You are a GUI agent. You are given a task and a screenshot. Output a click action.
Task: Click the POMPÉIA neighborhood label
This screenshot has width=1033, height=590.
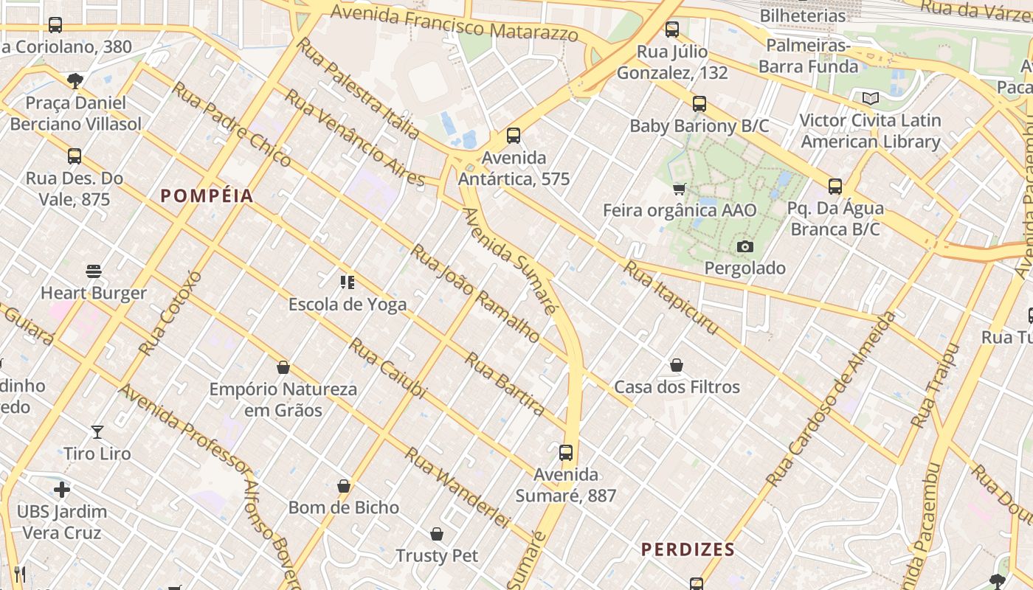pyautogui.click(x=207, y=195)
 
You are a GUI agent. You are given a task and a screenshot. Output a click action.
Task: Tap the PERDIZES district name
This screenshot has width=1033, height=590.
pyautogui.click(x=688, y=549)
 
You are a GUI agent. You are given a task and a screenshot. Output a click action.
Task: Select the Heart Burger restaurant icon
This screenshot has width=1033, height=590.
pyautogui.click(x=94, y=271)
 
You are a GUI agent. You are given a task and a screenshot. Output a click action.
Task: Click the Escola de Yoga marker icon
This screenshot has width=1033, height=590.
pyautogui.click(x=348, y=282)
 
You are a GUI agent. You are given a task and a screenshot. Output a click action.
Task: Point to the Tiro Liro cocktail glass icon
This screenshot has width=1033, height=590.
pyautogui.click(x=97, y=431)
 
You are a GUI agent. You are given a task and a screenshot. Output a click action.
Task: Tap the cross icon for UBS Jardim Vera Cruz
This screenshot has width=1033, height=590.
pyautogui.click(x=62, y=490)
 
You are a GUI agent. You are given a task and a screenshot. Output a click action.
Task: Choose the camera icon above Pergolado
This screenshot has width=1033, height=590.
pyautogui.click(x=745, y=246)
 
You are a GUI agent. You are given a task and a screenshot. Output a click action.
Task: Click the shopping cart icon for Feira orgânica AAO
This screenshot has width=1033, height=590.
pyautogui.click(x=680, y=189)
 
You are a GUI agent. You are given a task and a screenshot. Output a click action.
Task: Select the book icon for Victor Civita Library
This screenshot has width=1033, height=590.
pyautogui.click(x=871, y=98)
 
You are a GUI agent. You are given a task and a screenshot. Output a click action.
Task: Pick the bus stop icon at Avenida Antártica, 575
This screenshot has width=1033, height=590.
pyautogui.click(x=514, y=136)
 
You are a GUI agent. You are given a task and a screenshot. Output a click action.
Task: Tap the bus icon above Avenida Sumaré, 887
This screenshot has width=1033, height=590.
pyautogui.click(x=566, y=452)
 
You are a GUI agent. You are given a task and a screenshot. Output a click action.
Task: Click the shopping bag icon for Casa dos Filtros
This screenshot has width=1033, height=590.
pyautogui.click(x=677, y=365)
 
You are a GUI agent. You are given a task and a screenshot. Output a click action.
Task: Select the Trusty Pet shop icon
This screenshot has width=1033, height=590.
pyautogui.click(x=437, y=534)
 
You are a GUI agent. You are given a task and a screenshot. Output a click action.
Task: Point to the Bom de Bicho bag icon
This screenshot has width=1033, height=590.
pyautogui.click(x=343, y=486)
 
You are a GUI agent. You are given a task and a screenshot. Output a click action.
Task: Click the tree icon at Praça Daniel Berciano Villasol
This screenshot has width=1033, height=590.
pyautogui.click(x=75, y=80)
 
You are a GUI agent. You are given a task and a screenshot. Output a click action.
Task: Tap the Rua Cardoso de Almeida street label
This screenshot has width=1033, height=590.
pyautogui.click(x=831, y=399)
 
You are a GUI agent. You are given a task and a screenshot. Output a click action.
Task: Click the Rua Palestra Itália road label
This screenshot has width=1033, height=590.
pyautogui.click(x=358, y=88)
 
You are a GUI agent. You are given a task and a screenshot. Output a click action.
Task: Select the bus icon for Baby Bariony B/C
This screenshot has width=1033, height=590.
pyautogui.click(x=699, y=104)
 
